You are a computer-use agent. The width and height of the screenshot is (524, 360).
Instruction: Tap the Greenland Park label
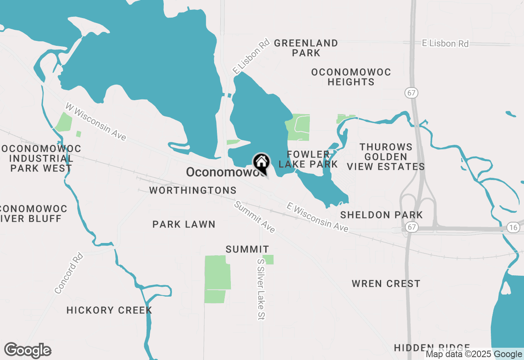click(x=306, y=48)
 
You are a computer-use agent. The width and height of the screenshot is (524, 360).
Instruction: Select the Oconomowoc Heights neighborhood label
click(x=351, y=77)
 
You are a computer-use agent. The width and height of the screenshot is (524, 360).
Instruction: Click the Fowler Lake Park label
click(x=308, y=159)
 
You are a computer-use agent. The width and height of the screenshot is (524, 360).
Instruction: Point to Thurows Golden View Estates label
click(x=386, y=157)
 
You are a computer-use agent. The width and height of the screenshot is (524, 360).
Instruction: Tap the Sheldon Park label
click(x=382, y=215)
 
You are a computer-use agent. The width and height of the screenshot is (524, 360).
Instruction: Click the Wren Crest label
click(x=386, y=283)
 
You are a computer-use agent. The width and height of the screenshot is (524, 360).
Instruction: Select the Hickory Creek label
click(x=109, y=310)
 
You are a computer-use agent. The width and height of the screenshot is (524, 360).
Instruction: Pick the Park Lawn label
click(x=184, y=224)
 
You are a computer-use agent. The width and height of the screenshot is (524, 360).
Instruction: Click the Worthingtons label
click(x=193, y=190)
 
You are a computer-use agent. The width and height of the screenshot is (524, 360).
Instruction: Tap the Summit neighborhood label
click(x=247, y=249)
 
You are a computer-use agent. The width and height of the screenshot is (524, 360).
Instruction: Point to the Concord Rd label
click(x=69, y=273)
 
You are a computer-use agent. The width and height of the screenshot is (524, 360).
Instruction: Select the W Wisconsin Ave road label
click(x=96, y=122)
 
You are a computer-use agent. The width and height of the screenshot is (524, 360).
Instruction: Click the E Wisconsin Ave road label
click(x=318, y=217)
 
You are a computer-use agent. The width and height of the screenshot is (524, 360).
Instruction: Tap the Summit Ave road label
click(x=254, y=217)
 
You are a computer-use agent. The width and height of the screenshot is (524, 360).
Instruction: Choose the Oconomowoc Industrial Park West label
click(x=41, y=158)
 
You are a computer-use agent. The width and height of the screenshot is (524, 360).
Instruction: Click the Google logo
click(x=28, y=351)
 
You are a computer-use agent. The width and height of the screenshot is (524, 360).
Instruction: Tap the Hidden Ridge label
click(x=432, y=348)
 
